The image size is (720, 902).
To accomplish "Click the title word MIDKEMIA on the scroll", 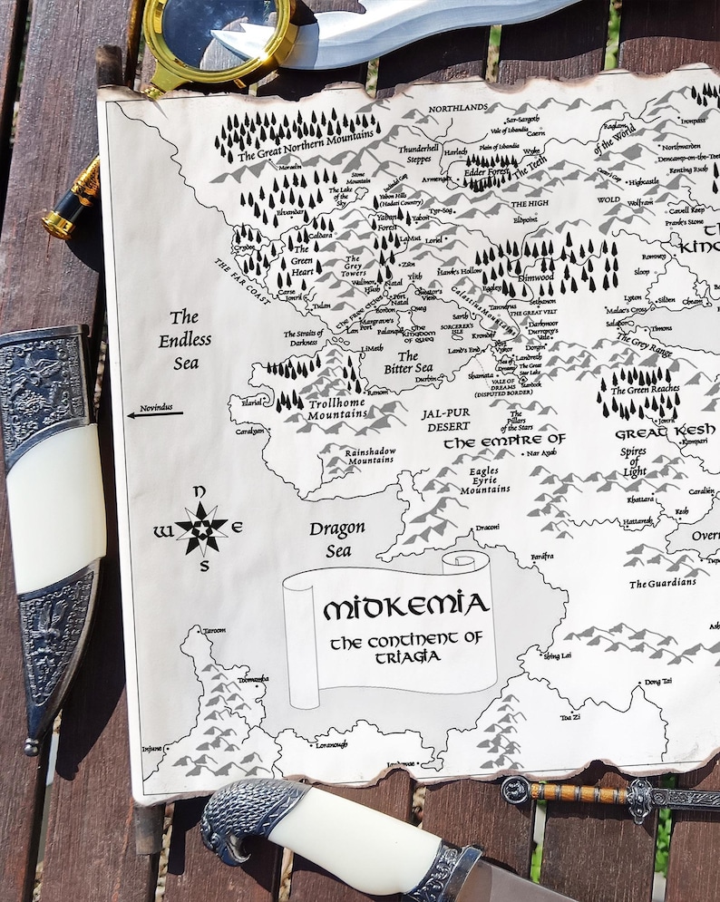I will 405,606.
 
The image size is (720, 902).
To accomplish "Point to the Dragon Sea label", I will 337,538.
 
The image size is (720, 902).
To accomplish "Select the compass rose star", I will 201,529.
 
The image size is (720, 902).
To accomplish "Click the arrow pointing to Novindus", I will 155,414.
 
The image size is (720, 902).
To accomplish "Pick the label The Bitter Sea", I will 408,362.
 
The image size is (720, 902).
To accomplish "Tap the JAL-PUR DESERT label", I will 445,419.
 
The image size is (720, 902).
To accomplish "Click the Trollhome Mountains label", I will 337,407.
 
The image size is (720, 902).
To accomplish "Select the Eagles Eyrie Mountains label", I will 484,480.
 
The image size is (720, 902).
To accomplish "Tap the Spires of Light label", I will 634,461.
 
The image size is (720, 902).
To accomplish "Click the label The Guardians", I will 663,583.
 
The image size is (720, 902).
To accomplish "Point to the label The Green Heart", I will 300,255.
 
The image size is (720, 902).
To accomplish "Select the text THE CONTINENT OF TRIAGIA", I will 405,646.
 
